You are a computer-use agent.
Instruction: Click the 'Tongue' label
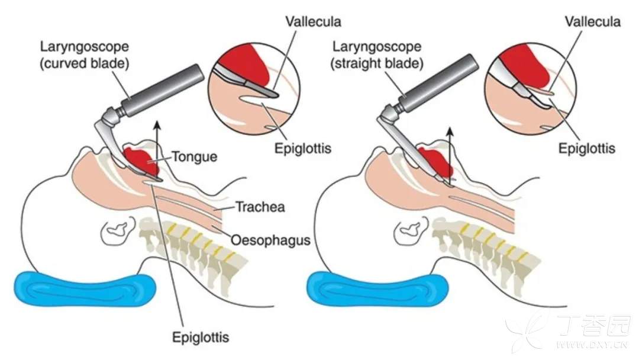point(195,157)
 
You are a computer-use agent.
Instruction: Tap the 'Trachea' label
point(260,207)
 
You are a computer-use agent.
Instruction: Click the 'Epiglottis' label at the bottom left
point(200,338)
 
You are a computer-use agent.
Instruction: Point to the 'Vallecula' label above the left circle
point(314,22)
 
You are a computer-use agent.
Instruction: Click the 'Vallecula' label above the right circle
point(592,22)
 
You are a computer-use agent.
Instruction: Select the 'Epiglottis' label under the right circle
point(587,148)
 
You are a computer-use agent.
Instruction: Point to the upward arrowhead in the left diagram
point(157,124)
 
